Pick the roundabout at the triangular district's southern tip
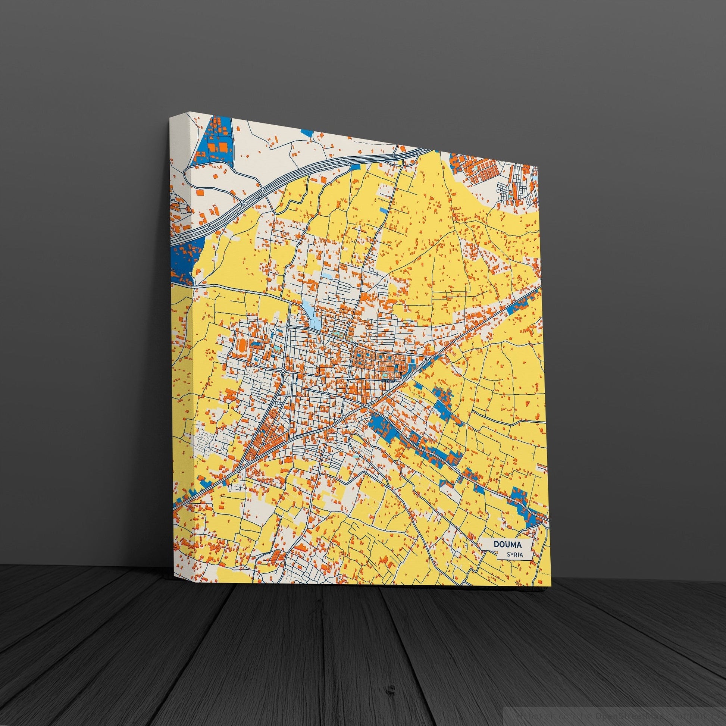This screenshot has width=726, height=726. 238,470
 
